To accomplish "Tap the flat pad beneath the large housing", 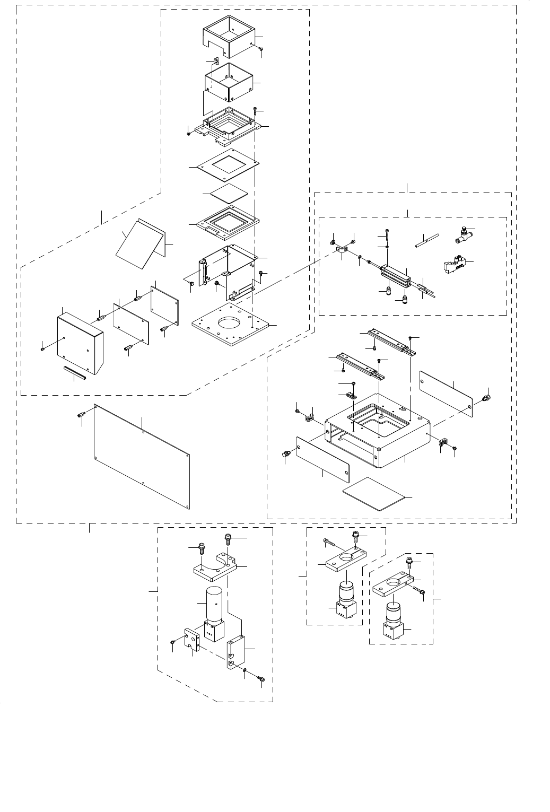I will tap(377, 493).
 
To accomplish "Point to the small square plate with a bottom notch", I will tap(191, 639).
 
